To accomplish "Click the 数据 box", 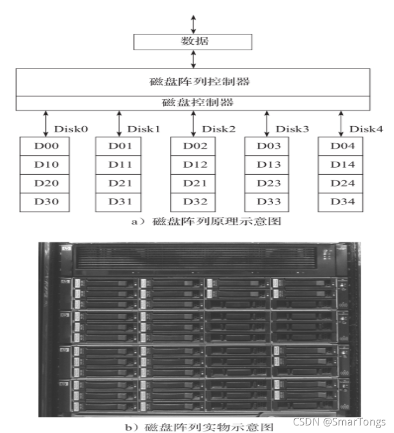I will click(x=193, y=42).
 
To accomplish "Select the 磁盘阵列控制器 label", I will click(x=193, y=83).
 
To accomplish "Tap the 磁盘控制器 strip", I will click(x=193, y=102).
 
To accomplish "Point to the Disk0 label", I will click(x=71, y=129).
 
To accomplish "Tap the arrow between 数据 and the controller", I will click(x=193, y=59).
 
